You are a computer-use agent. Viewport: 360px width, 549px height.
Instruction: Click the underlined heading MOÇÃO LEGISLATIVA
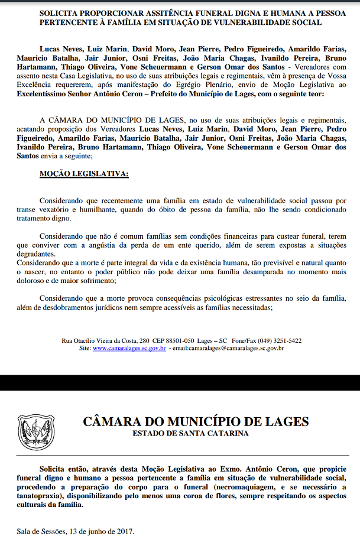click(83, 174)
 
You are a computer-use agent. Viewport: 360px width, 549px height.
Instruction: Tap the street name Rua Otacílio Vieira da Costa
click(98, 340)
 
